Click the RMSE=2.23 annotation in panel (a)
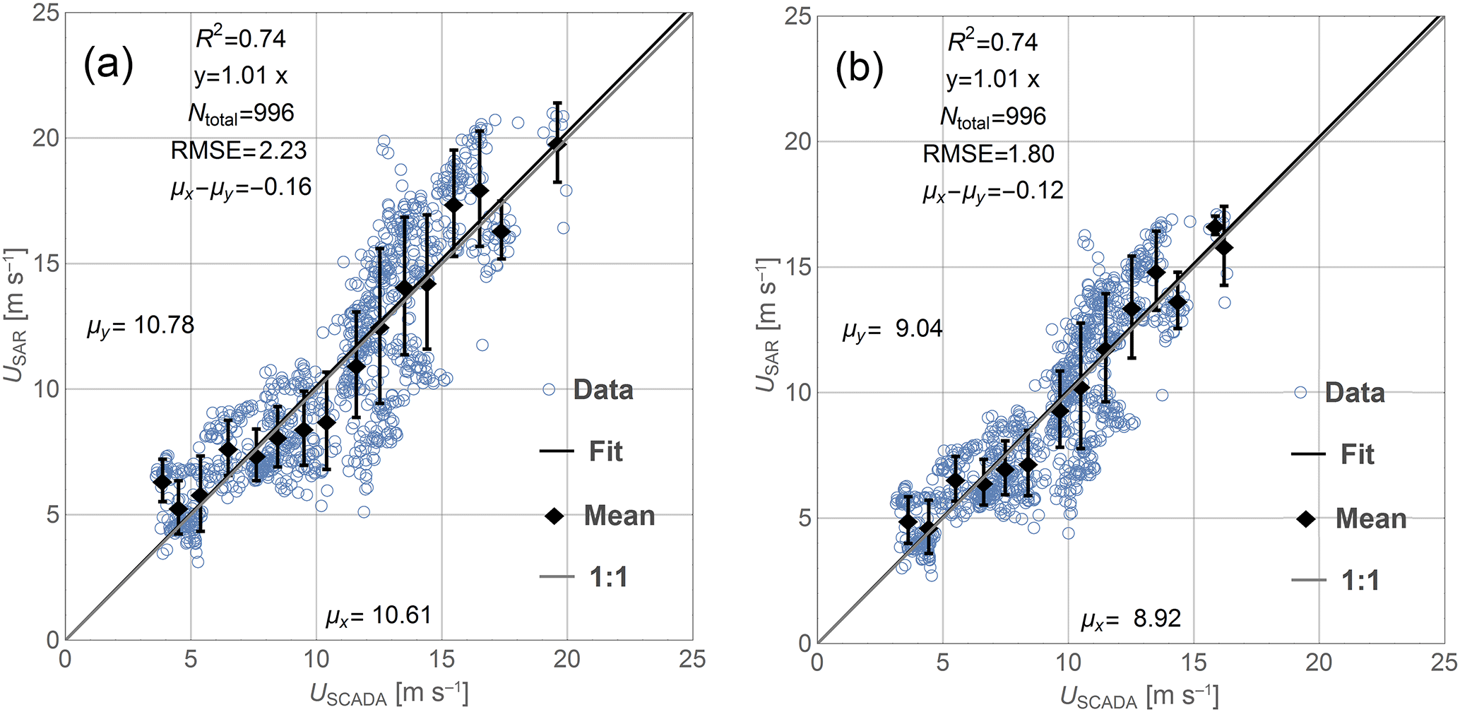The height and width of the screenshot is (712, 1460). click(239, 150)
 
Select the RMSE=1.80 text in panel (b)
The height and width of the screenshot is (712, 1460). click(988, 154)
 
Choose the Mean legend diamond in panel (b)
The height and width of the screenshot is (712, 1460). click(1306, 520)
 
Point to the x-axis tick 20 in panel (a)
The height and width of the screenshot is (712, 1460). click(566, 660)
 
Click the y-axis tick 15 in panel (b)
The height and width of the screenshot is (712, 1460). click(799, 267)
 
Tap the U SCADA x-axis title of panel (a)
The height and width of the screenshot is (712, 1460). click(388, 695)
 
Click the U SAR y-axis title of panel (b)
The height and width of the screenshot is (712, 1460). click(768, 325)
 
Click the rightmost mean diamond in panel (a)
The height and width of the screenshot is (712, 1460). click(557, 143)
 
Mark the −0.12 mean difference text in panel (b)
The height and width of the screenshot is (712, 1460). click(992, 191)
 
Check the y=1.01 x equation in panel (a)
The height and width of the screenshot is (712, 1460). click(241, 76)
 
